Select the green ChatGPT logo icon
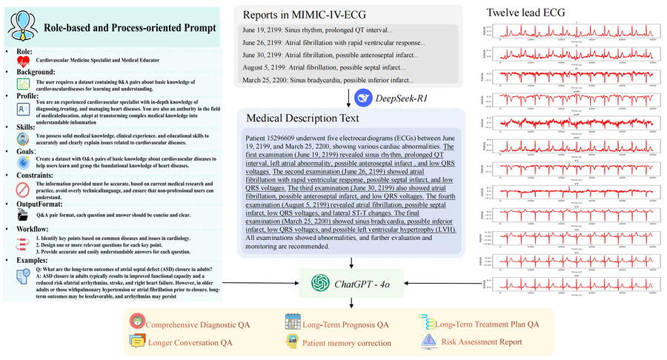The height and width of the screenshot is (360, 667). [320, 282]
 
